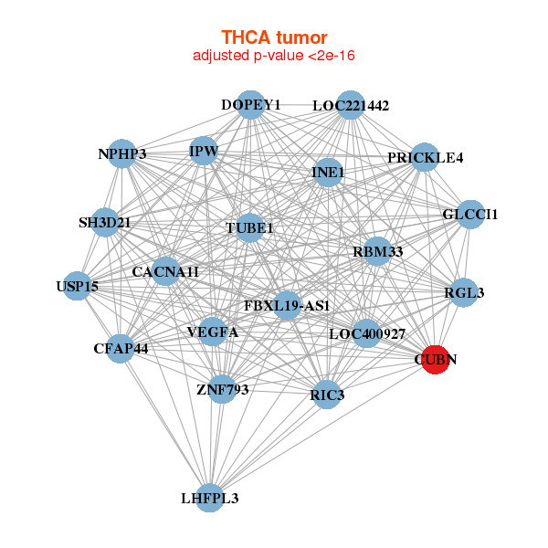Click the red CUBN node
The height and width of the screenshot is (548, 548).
tap(435, 360)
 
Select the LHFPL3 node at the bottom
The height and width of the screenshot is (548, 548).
tap(210, 498)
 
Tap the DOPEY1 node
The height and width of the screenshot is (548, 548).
tap(250, 105)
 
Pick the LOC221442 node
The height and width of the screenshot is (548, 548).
tap(351, 106)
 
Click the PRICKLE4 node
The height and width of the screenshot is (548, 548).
tap(425, 157)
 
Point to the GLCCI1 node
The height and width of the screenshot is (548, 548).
tap(470, 215)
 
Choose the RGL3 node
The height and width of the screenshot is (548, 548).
tap(464, 293)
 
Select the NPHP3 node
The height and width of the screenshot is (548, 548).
tap(122, 154)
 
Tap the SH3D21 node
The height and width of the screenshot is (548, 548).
tap(105, 223)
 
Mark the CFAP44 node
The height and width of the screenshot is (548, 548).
tap(121, 348)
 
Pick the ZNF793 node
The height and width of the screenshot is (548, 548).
tap(222, 390)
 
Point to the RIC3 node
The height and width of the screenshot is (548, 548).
tap(327, 395)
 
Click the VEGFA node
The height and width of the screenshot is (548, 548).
tap(212, 332)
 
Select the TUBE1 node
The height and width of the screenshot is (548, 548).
tap(250, 227)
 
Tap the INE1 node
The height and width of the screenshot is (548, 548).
tap(328, 172)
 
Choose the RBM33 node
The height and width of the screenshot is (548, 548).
tap(377, 251)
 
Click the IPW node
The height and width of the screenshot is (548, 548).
tap(203, 151)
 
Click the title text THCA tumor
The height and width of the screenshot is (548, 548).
tap(274, 37)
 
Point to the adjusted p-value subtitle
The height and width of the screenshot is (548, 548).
tap(274, 56)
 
